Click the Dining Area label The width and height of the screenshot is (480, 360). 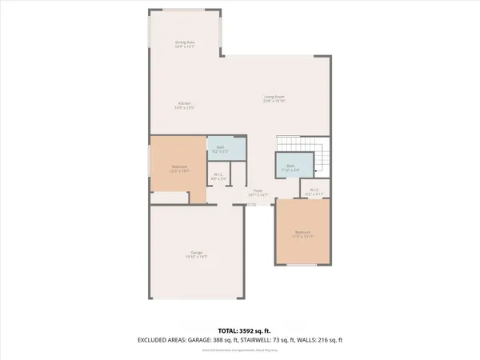[185, 42]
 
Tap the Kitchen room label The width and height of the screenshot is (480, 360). [185, 103]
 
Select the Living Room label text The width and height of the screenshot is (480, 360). [274, 98]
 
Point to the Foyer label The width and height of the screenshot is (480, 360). [258, 190]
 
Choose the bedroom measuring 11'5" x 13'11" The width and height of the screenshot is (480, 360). [302, 234]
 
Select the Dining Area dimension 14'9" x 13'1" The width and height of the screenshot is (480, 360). [185, 46]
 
